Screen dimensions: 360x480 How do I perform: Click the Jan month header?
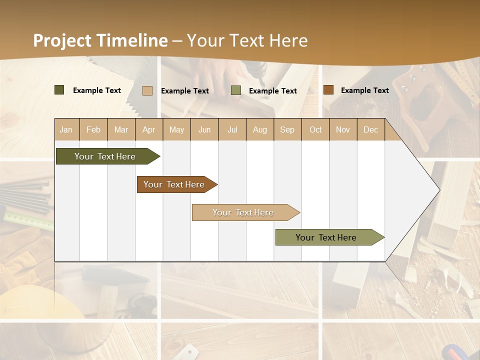(x=66, y=129)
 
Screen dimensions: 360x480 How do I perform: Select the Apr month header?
(x=149, y=129)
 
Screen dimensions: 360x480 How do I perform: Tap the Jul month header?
(x=232, y=129)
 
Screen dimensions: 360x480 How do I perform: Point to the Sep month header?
(x=287, y=129)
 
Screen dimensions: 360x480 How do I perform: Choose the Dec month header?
(x=370, y=129)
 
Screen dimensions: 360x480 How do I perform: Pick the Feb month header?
(x=93, y=129)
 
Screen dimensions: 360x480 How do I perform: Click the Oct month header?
(x=315, y=129)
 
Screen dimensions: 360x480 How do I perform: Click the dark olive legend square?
(x=59, y=90)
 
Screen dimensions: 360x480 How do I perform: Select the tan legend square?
(x=147, y=90)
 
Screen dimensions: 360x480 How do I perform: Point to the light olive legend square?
(x=236, y=90)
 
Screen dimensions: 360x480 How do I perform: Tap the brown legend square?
(x=328, y=90)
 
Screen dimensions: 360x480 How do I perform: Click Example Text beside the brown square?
(x=364, y=90)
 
